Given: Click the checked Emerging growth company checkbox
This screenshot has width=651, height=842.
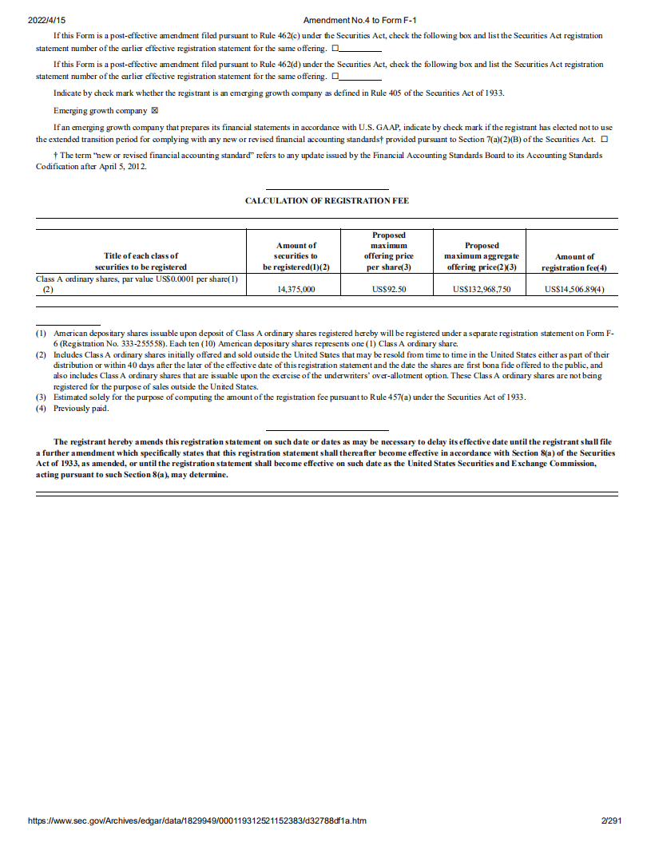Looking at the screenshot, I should pos(155,111).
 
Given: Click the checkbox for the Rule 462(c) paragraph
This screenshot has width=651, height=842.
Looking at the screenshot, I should pos(335,48).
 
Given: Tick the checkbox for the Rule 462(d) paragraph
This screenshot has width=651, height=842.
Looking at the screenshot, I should pos(335,76).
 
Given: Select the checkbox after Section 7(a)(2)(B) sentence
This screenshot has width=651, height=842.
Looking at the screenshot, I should pos(604,139).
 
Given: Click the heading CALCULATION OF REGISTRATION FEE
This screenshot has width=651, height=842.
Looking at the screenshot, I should pos(327,201).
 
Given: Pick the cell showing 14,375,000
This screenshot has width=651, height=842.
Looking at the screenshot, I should pos(296,290).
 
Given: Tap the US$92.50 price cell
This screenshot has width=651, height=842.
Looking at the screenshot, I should pos(389,290).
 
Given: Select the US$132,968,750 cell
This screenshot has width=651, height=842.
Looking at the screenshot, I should pos(482,290).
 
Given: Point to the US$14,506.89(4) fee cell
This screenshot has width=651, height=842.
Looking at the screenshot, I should pos(574,290).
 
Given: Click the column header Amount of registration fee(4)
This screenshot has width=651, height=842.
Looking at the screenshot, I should pos(574,262).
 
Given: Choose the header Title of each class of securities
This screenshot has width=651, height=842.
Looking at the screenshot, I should pos(141,261).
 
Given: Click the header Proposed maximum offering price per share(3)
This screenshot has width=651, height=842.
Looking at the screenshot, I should pos(389,251).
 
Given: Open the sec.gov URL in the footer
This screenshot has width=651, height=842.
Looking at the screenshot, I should pos(196,820).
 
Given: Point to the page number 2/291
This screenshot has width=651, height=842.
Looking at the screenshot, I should pos(611,820).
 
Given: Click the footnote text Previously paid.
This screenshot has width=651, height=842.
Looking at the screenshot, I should pos(81,409).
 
